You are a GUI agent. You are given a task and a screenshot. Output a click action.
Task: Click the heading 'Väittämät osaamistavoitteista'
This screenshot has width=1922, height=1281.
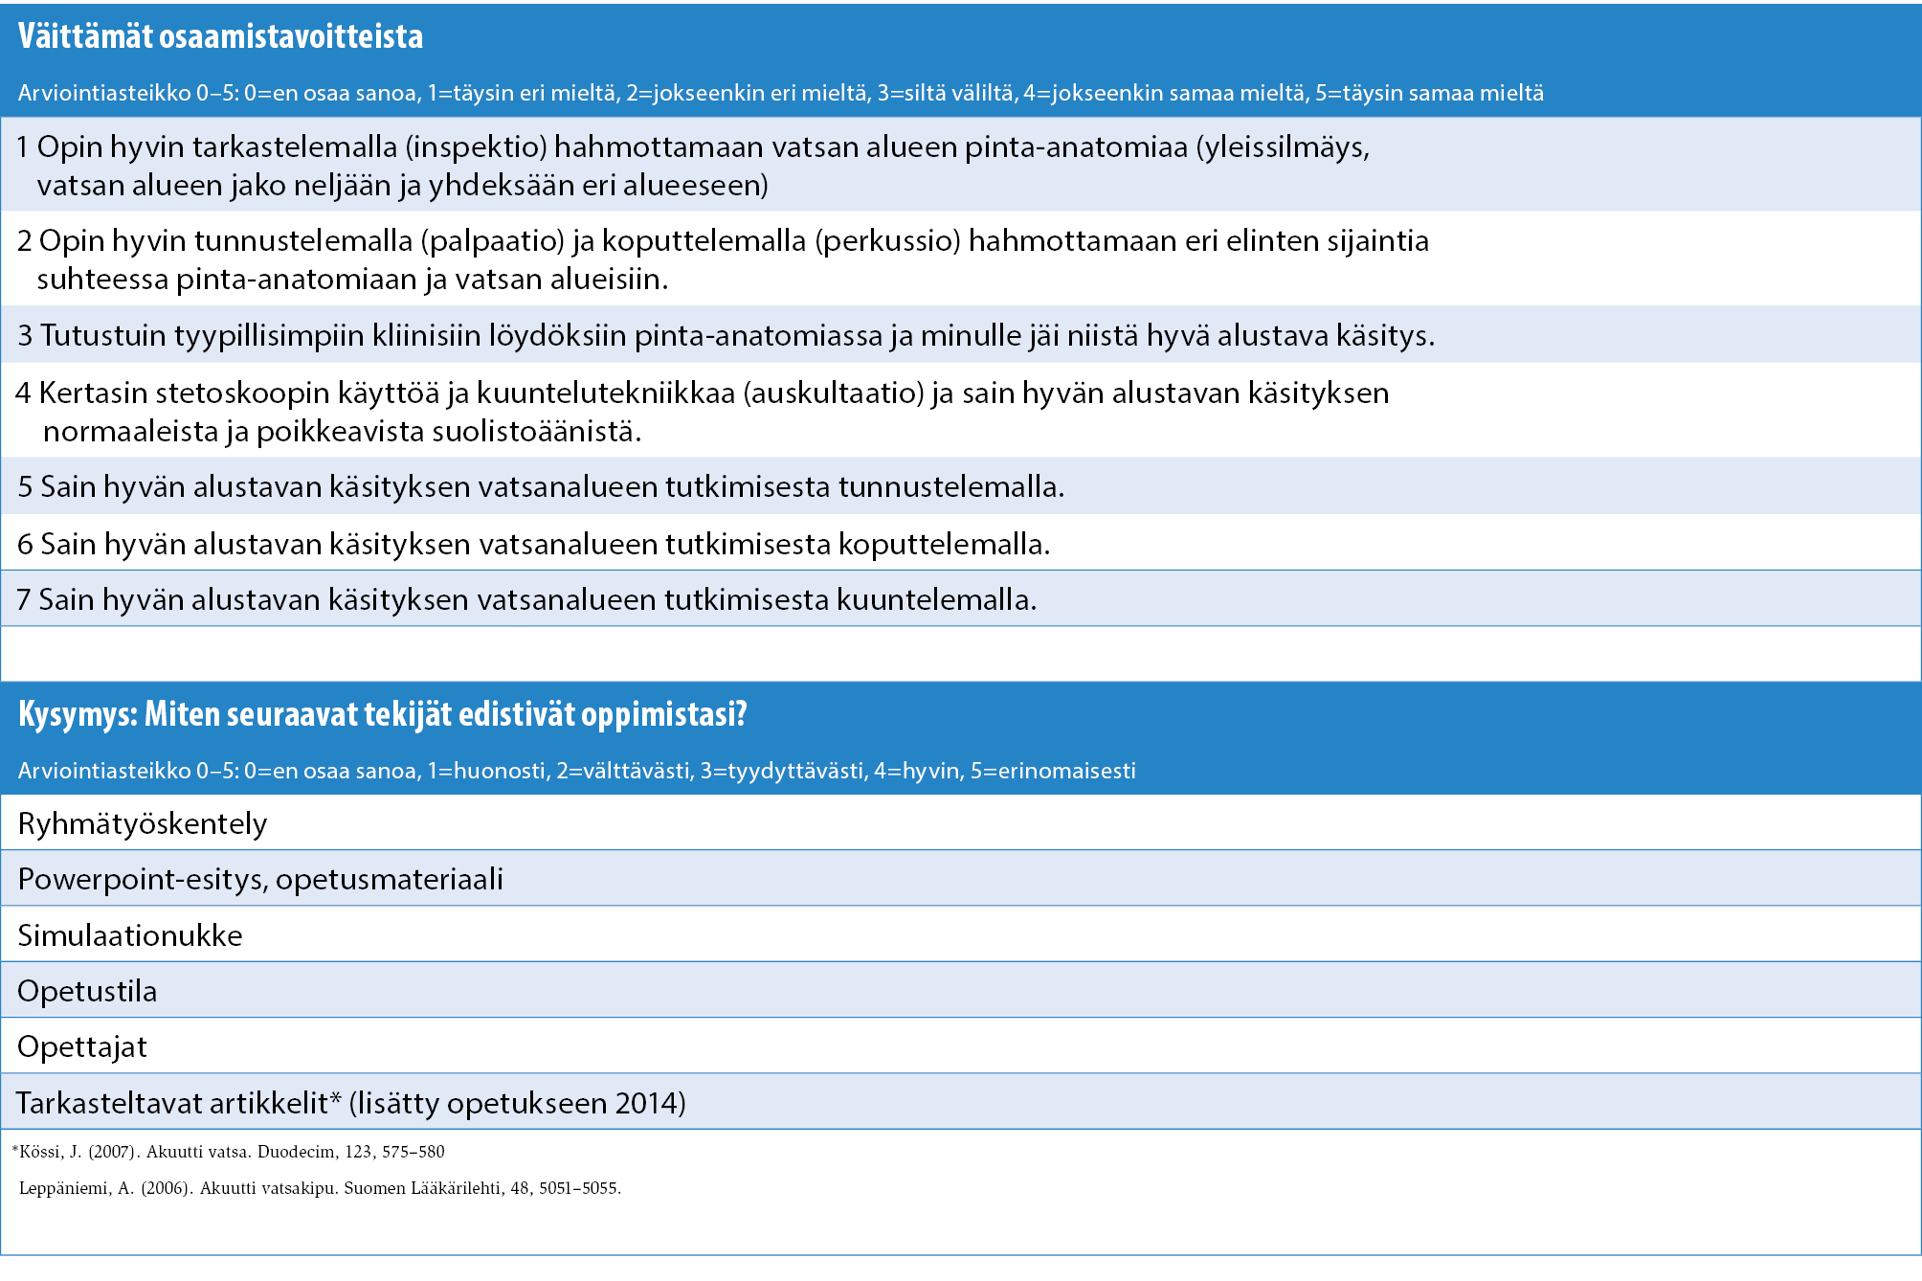(220, 36)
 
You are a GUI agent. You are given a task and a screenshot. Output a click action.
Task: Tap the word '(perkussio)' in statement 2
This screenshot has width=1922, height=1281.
(887, 241)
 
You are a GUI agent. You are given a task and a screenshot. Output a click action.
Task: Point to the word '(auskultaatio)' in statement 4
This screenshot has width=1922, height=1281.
(833, 393)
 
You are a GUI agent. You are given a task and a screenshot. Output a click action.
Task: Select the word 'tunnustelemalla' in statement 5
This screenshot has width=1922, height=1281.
(950, 487)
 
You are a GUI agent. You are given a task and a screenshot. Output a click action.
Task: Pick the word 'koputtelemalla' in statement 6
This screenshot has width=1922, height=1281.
(944, 545)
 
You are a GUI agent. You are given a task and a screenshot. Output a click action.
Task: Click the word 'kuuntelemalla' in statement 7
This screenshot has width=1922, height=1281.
(936, 600)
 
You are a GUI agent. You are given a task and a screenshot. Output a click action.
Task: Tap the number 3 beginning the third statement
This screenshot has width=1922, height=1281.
(25, 336)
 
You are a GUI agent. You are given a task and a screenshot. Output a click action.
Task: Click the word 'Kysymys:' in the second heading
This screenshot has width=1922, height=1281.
(78, 714)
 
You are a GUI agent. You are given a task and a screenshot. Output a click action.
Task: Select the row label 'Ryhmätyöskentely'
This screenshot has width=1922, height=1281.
(143, 824)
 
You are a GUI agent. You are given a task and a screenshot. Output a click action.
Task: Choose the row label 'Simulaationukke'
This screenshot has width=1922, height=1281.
(130, 935)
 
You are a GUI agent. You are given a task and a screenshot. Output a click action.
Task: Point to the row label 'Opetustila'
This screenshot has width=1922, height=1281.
(87, 992)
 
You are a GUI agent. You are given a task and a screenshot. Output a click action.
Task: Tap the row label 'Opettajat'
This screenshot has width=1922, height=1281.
(82, 1047)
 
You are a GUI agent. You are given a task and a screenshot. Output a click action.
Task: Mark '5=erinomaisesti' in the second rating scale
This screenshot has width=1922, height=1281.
(1053, 772)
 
